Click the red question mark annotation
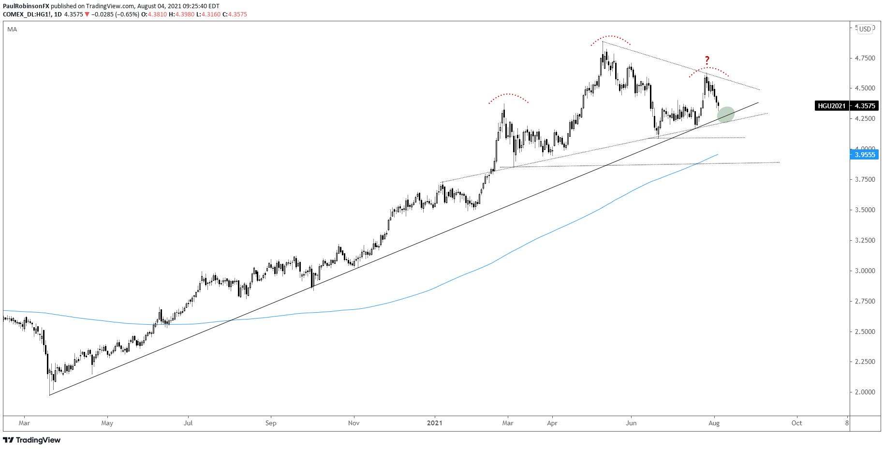707,60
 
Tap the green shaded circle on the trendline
726,115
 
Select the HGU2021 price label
832,106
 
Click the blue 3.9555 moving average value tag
865,155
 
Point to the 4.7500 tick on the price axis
865,58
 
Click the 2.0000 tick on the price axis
865,392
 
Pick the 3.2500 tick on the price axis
865,240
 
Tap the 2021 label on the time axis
434,423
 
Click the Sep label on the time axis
271,423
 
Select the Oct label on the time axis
796,423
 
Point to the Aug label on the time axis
714,423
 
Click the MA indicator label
12,29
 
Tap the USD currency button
865,29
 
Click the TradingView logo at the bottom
32,440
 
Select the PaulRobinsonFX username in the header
26,6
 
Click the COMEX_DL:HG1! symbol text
27,14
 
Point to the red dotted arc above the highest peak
611,37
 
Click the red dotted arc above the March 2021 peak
508,95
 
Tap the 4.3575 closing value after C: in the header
237,14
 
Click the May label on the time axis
107,423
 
